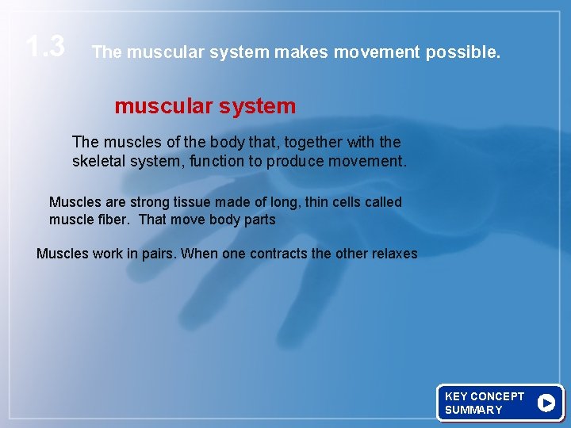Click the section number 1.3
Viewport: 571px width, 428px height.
pyautogui.click(x=45, y=47)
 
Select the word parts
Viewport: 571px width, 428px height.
pyautogui.click(x=259, y=220)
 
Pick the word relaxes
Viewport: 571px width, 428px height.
pyautogui.click(x=390, y=254)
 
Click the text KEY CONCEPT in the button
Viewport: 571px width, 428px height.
pyautogui.click(x=484, y=396)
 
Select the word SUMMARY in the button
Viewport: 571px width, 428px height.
pyautogui.click(x=473, y=410)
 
